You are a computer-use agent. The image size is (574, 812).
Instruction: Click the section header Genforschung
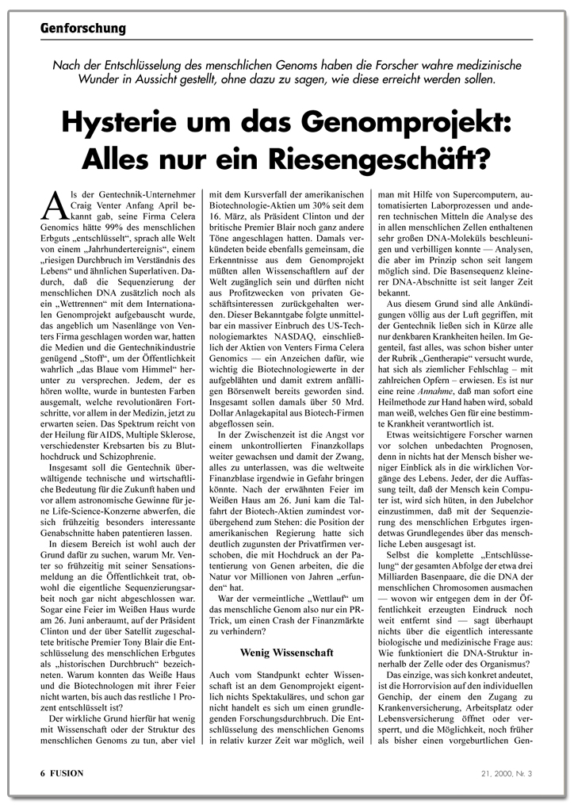coord(83,29)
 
